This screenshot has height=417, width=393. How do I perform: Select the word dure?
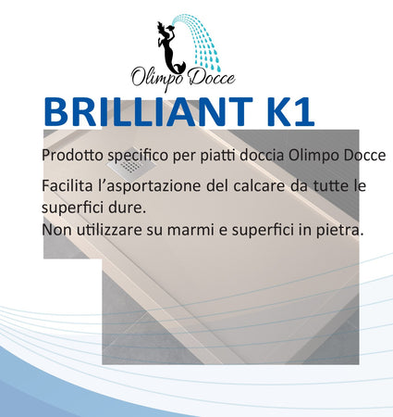coord(125,207)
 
